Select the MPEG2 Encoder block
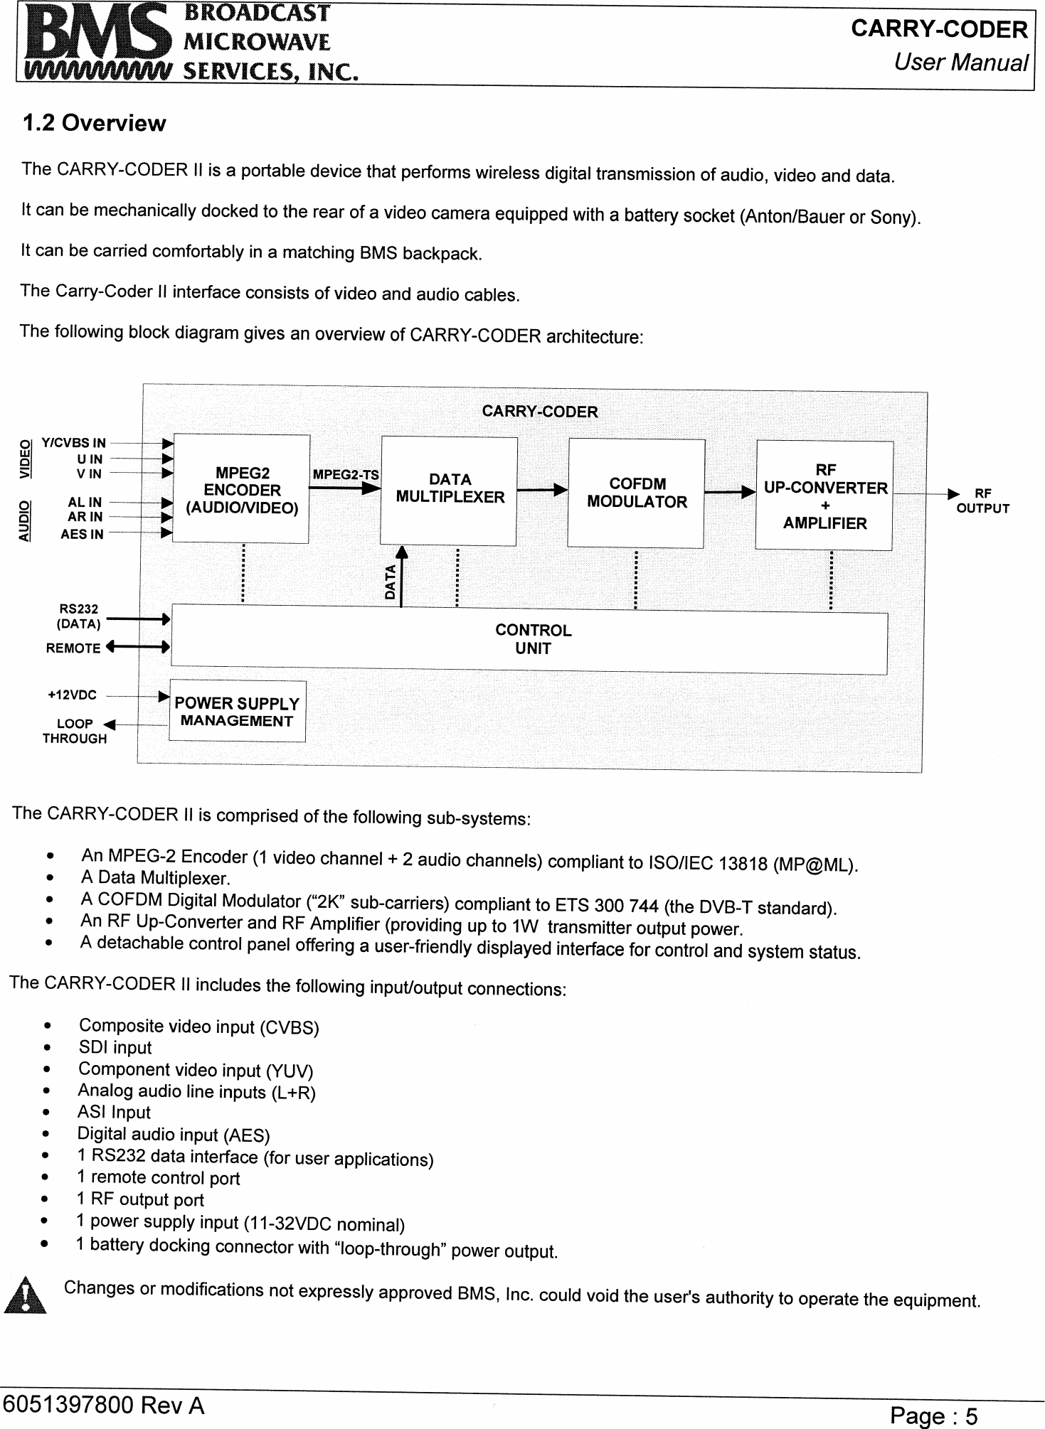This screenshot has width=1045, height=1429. click(241, 490)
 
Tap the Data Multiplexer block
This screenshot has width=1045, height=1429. click(449, 490)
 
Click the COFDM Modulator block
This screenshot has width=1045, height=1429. click(637, 493)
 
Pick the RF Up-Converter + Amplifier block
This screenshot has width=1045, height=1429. click(824, 496)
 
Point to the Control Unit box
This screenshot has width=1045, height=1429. click(532, 640)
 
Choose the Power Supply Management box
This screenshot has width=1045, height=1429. click(237, 712)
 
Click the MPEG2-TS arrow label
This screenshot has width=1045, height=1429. click(346, 474)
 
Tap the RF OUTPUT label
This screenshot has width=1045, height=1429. click(982, 501)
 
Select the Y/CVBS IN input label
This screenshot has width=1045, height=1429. click(73, 444)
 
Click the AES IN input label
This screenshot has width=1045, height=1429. click(82, 534)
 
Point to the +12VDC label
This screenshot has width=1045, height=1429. click(72, 695)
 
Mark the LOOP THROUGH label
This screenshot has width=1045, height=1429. click(74, 731)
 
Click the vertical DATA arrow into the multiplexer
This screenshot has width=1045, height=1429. click(401, 576)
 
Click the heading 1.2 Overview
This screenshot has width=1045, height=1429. click(94, 124)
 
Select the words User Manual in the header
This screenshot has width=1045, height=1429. click(960, 63)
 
